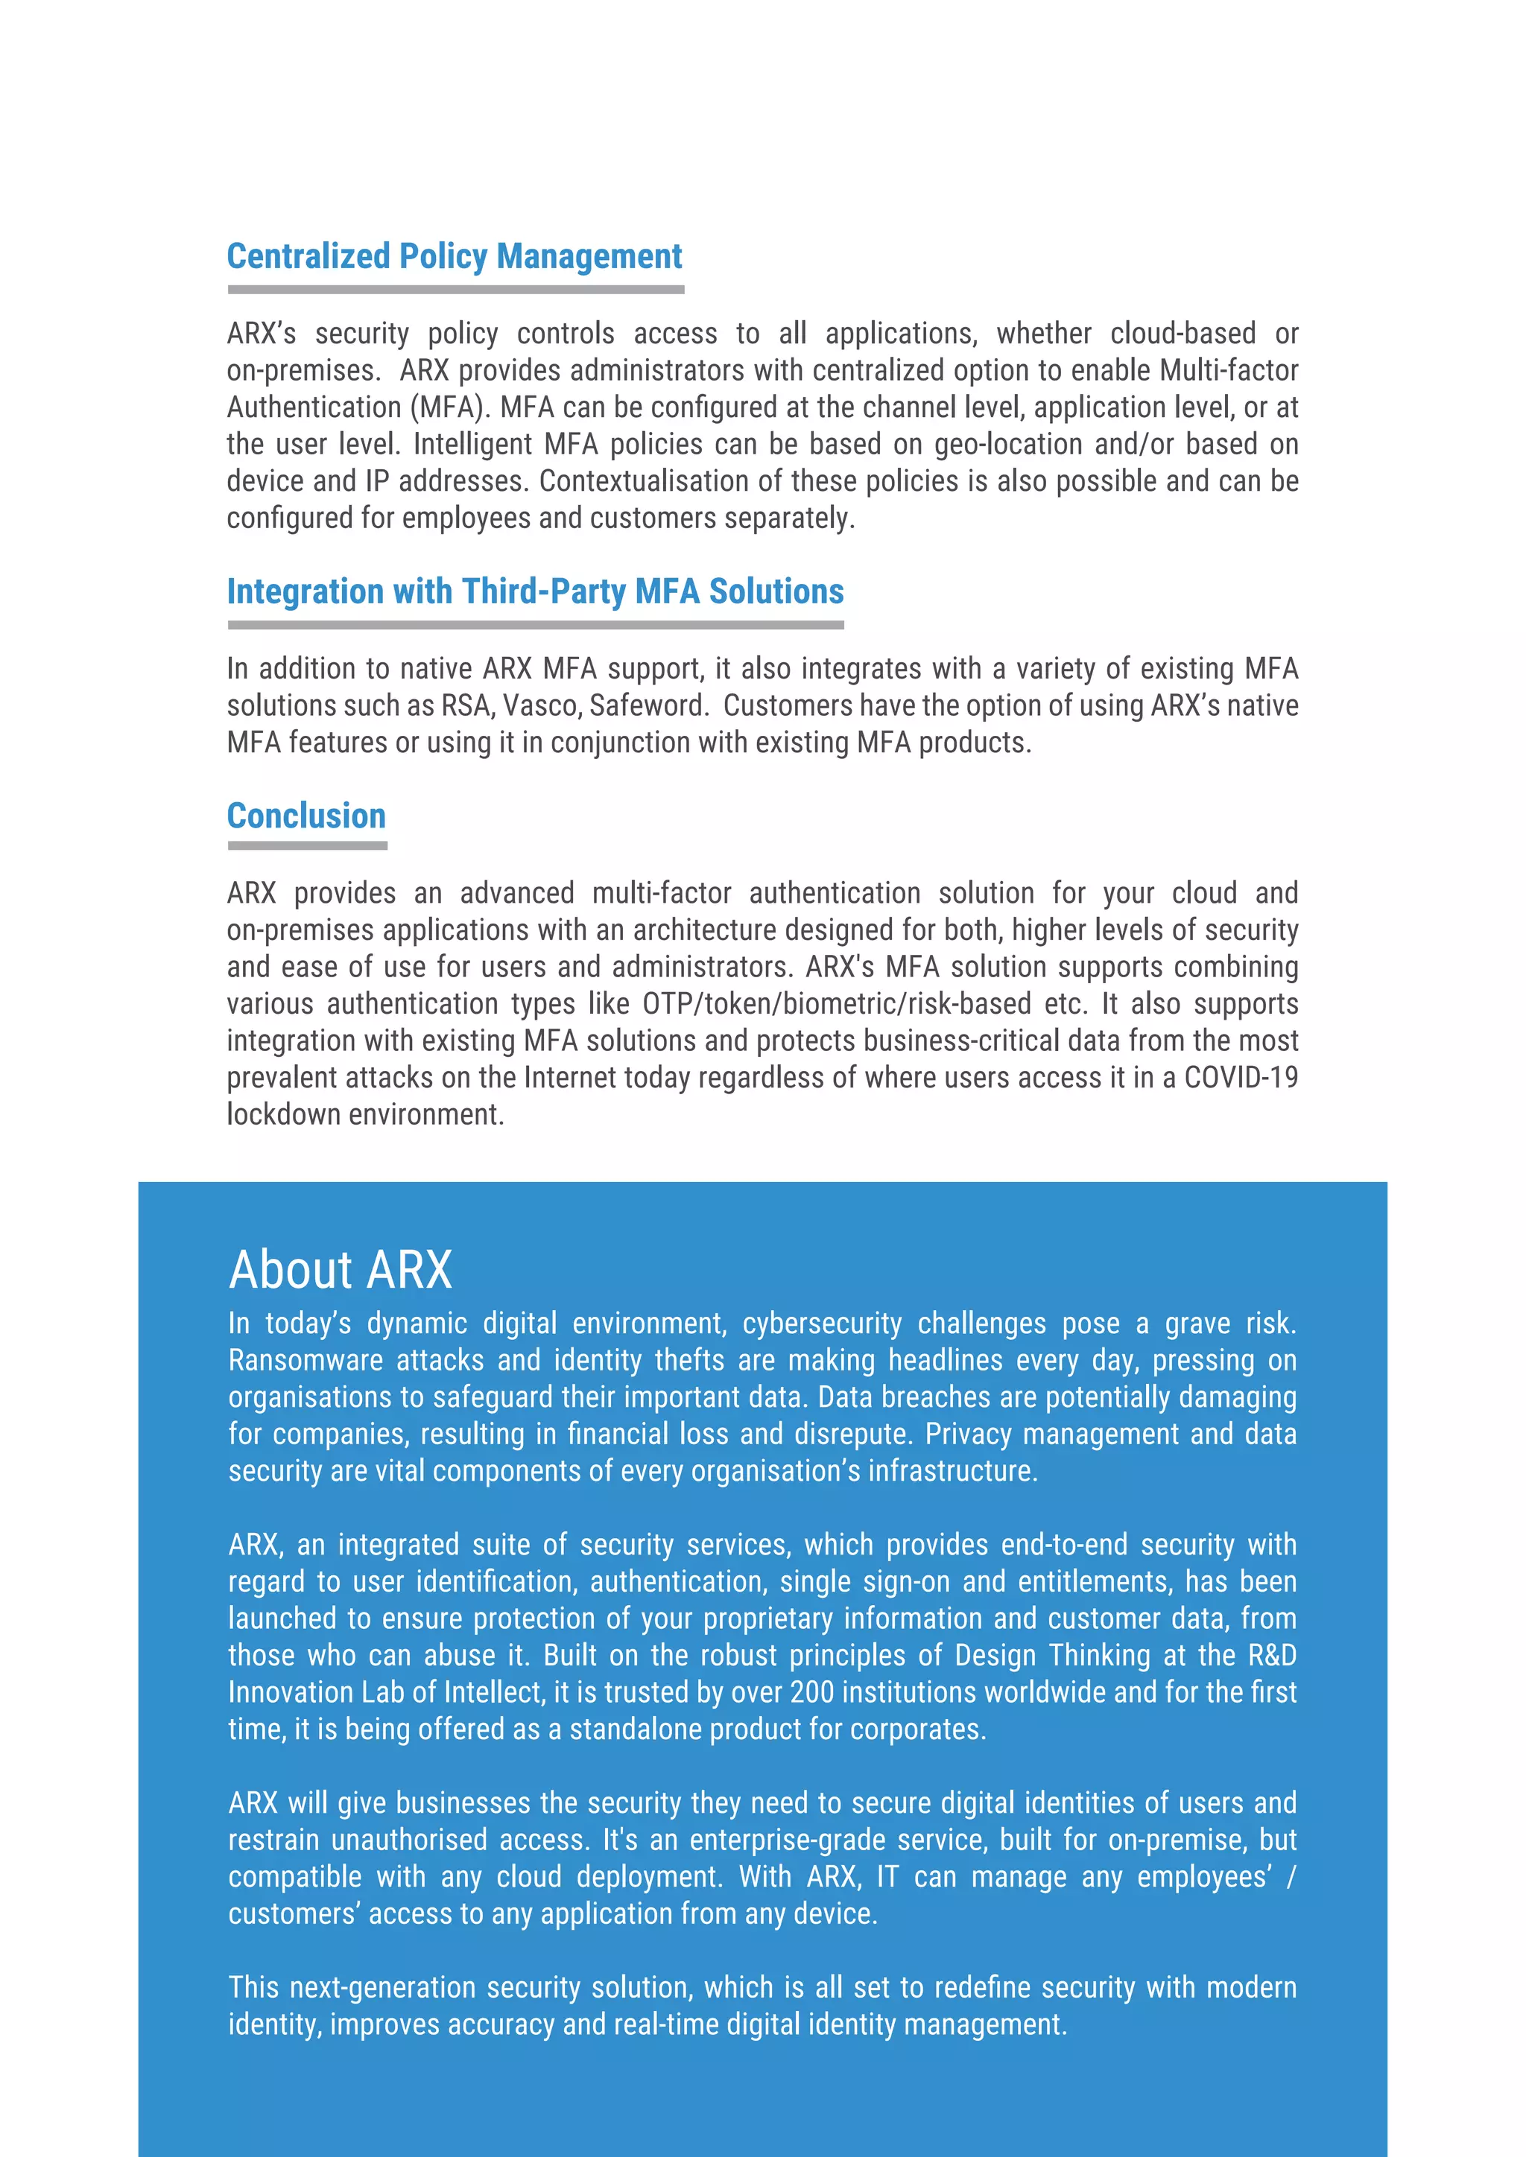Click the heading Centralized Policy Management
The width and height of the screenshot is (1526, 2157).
point(454,256)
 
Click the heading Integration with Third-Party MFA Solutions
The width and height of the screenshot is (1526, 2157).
point(535,592)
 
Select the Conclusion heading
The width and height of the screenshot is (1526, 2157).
point(306,816)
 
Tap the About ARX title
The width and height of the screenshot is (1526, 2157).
point(341,1270)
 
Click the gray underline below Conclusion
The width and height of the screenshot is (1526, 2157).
point(307,845)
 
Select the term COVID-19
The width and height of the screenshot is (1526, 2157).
point(1241,1078)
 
